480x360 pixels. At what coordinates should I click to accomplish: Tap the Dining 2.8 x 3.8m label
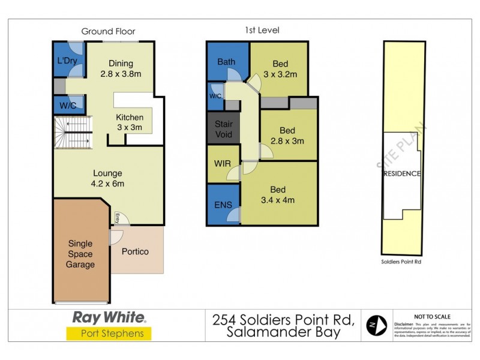point(121,69)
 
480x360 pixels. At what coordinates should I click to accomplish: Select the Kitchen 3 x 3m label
point(129,122)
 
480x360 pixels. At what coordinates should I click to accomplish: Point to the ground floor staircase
point(73,133)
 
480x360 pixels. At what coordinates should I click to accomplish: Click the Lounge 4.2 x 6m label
point(108,178)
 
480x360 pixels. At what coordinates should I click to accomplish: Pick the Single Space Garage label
point(80,254)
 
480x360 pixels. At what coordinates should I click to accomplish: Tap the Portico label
point(135,251)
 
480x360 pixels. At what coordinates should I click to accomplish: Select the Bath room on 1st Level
point(226,62)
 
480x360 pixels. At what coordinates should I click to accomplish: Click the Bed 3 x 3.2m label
point(280,69)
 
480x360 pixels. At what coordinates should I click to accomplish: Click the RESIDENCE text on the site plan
point(401,174)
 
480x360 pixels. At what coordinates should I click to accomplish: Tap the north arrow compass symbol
point(376,325)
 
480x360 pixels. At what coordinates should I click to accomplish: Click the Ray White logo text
point(109,317)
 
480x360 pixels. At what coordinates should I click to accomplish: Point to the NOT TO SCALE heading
point(433,317)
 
